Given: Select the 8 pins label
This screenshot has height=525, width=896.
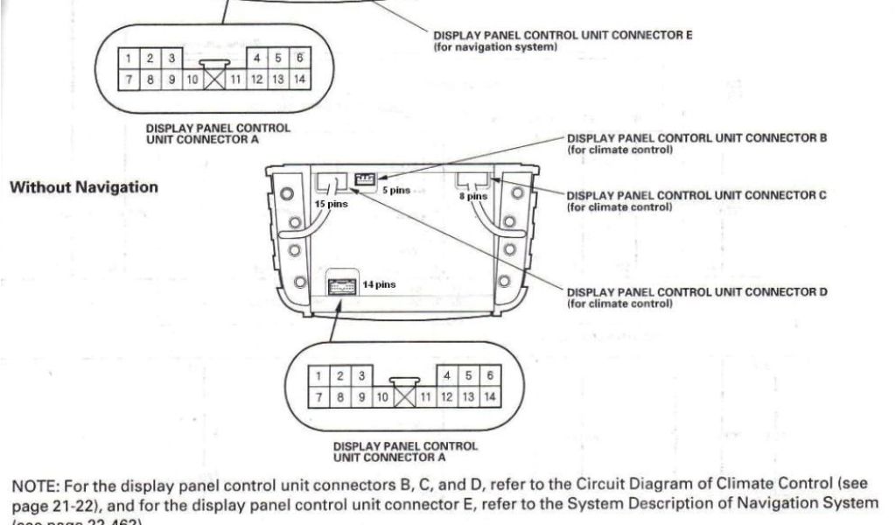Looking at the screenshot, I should pos(475,197).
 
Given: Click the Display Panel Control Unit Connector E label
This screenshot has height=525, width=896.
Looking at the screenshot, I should pos(563,36).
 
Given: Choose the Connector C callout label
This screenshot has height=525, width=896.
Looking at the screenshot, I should pos(696,196).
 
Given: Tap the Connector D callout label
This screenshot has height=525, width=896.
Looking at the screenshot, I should pos(696,292).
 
